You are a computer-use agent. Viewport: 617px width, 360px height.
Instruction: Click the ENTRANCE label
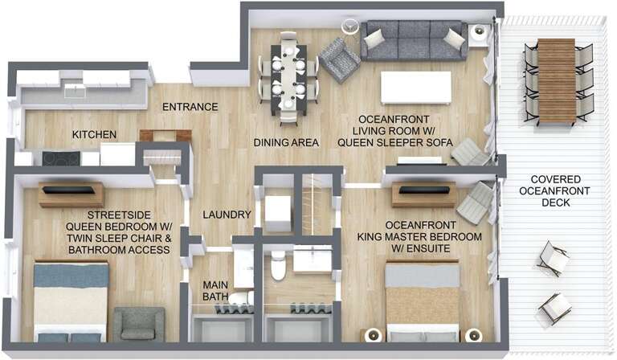(x=190, y=107)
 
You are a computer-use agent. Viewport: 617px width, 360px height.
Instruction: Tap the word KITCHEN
(x=95, y=134)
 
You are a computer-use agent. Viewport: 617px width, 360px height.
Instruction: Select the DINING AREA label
(x=286, y=142)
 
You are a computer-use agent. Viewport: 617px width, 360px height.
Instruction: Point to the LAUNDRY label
(x=227, y=215)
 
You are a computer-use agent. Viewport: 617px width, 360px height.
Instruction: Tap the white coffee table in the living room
(x=415, y=88)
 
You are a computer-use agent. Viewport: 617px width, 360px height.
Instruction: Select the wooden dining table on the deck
(x=556, y=80)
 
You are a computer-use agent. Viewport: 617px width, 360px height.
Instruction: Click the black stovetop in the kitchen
(x=61, y=158)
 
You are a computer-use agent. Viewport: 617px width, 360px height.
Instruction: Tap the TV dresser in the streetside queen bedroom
(x=71, y=194)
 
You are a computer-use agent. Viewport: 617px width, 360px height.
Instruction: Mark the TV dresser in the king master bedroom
(x=423, y=194)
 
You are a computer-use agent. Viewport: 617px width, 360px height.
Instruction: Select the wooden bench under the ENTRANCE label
(x=165, y=135)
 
